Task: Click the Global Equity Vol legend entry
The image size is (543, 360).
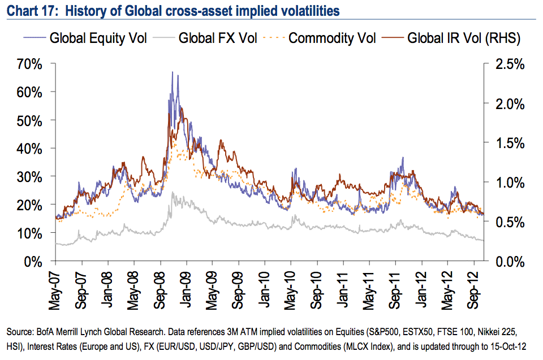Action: click(85, 39)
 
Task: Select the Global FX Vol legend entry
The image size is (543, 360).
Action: click(206, 39)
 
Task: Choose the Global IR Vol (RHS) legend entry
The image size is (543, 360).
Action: click(450, 39)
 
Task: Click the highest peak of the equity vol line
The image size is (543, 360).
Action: click(172, 72)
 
